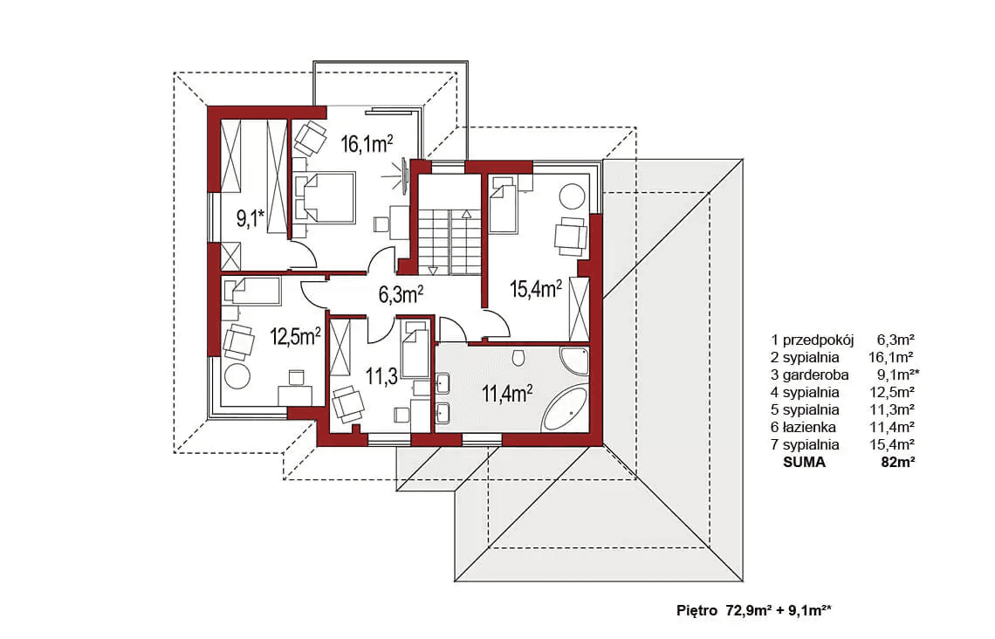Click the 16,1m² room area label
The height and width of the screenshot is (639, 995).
(x=367, y=143)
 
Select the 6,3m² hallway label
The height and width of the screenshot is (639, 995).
(x=401, y=294)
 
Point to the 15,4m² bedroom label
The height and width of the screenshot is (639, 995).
(x=536, y=289)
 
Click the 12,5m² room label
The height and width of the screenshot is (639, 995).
(x=296, y=336)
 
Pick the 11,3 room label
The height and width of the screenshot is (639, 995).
(x=381, y=377)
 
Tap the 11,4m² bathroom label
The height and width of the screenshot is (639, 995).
(x=507, y=394)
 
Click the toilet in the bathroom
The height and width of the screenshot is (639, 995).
(x=518, y=358)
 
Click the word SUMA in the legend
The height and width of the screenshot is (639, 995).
(x=804, y=463)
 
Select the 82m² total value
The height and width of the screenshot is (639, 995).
(x=897, y=463)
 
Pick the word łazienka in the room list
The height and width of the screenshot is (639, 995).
(x=809, y=427)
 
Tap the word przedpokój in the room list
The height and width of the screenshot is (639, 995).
(x=818, y=340)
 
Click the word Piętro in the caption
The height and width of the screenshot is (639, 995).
(x=696, y=611)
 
